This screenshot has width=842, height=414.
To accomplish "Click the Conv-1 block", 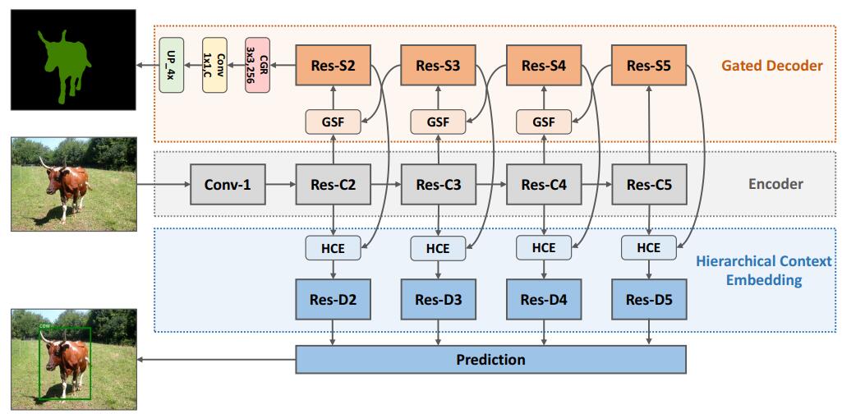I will click(x=227, y=185).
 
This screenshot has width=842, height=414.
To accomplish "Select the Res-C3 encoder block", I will click(x=438, y=185).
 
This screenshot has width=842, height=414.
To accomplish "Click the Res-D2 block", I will click(x=333, y=299).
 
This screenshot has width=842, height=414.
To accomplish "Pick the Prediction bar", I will click(x=490, y=359).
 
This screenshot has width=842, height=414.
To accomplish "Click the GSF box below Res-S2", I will click(x=333, y=122).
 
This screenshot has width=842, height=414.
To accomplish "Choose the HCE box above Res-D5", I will click(x=649, y=246).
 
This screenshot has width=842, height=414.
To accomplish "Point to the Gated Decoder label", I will click(x=771, y=65).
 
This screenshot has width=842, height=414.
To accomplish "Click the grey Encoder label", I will click(x=775, y=184).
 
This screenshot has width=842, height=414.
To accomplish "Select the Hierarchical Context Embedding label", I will click(x=764, y=270).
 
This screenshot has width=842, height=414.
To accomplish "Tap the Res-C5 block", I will click(x=649, y=185).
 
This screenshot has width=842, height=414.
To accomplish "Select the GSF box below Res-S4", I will click(x=544, y=122).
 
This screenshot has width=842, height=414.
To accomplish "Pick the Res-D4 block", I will click(x=544, y=299).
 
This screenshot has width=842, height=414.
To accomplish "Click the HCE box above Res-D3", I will click(x=438, y=246).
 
